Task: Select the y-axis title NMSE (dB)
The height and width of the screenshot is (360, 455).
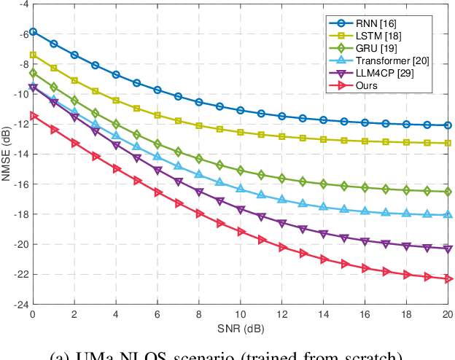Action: [8, 154]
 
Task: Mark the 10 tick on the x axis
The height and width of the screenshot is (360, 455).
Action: [240, 315]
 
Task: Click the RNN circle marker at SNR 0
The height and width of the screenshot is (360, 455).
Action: [32, 32]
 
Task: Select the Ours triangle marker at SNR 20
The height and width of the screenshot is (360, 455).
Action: [448, 279]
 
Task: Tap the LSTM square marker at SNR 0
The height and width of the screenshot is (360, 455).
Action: [32, 55]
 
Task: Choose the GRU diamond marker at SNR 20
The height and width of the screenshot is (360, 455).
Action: [448, 192]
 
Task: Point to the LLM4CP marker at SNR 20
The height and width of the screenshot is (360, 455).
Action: [448, 249]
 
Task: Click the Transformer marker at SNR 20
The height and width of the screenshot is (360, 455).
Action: [448, 214]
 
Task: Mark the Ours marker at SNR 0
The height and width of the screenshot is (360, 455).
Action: [32, 115]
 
